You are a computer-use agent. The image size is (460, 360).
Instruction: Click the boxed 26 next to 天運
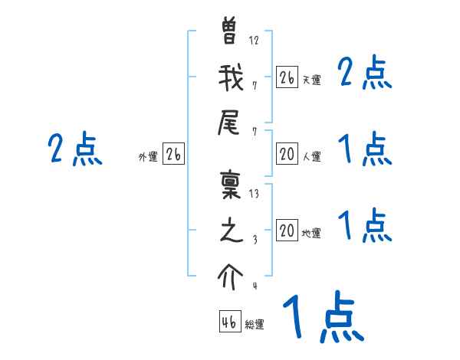point(287,77)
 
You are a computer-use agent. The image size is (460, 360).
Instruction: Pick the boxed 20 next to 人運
point(287,154)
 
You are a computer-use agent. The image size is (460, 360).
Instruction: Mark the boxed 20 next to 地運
point(287,231)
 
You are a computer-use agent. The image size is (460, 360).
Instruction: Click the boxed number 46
point(230,322)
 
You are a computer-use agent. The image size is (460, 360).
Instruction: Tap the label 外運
point(148,157)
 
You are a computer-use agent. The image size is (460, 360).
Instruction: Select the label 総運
point(255,326)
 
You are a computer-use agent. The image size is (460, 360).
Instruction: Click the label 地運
point(311,234)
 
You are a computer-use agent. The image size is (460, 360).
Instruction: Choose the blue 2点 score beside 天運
point(364,74)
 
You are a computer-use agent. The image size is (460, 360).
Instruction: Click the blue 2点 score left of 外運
point(74,149)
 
